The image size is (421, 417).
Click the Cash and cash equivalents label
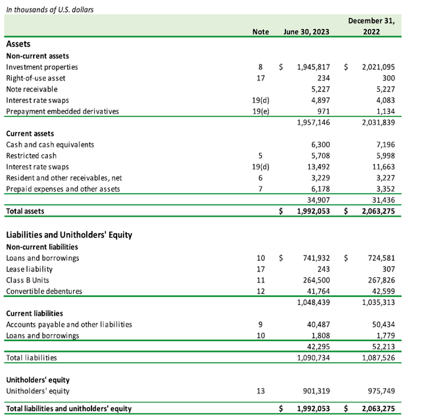click(50, 144)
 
